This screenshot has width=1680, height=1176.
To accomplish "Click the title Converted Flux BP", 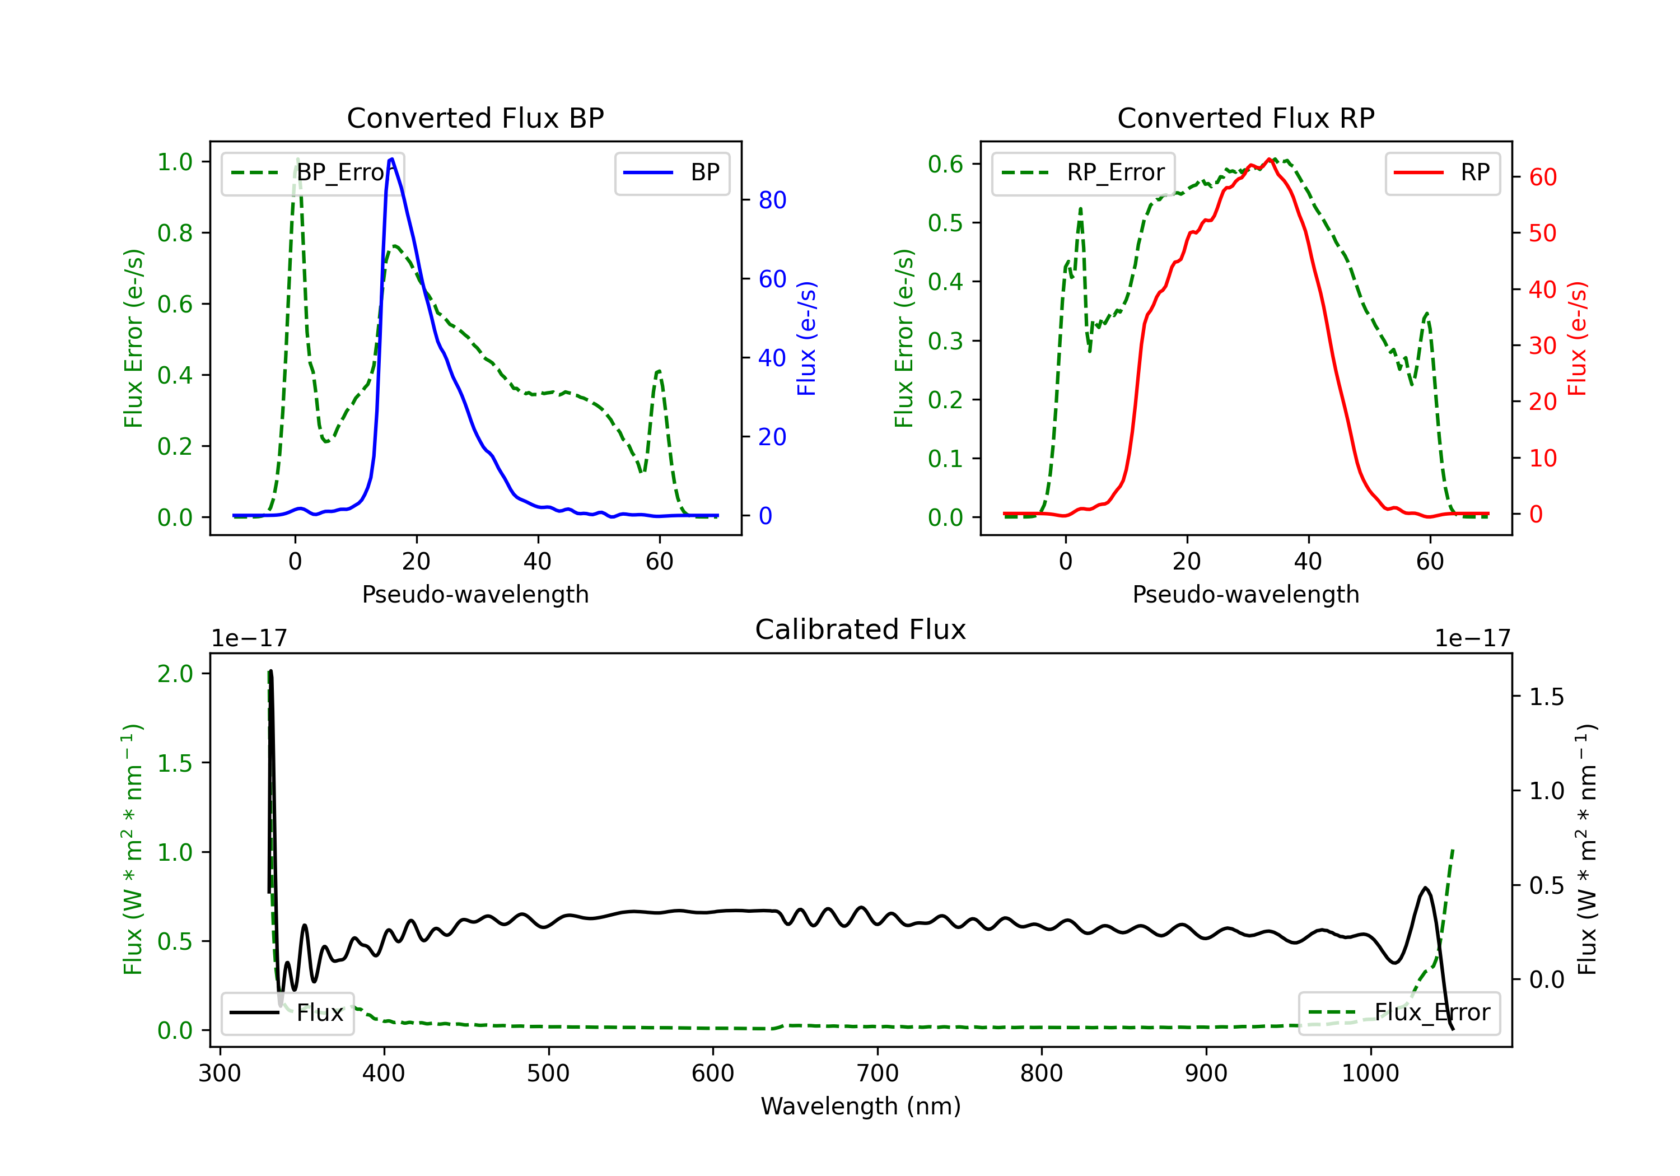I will (x=475, y=118).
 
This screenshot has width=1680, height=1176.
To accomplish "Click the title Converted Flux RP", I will (x=1245, y=118).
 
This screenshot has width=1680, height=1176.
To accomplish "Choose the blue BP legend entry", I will (x=671, y=172).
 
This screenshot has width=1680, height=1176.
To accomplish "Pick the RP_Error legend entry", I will (x=1083, y=172).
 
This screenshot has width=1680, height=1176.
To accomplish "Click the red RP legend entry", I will (x=1442, y=172).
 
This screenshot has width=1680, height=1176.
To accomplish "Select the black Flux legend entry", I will (x=288, y=1013).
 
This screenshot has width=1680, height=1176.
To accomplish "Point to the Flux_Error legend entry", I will (x=1399, y=1013).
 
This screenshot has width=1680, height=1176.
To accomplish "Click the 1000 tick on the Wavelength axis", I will (x=1370, y=1074).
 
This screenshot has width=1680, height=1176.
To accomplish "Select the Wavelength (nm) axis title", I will (x=861, y=1106).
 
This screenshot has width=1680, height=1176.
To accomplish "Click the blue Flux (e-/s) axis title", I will (x=806, y=338).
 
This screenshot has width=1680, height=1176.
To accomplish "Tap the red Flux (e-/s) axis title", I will (x=1577, y=338).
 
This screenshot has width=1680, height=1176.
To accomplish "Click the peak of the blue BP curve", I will (x=392, y=159).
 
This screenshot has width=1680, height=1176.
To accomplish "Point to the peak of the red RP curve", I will (x=1270, y=159).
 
